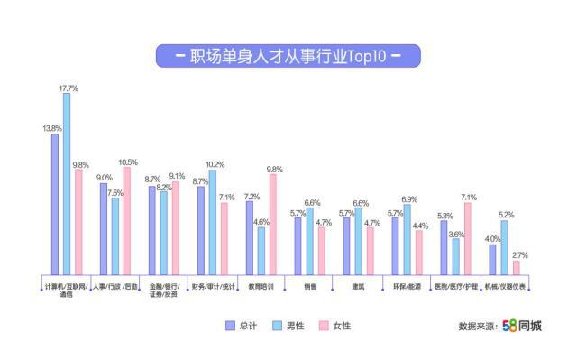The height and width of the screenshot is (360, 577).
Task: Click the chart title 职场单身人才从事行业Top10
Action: (x=288, y=56)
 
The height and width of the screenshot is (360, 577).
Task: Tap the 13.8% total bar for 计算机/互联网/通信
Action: (x=55, y=203)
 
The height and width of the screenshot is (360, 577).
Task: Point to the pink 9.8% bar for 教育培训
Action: (x=272, y=224)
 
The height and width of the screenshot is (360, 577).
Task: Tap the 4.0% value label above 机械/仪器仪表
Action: (x=492, y=238)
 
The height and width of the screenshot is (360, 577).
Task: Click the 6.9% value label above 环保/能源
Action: (x=408, y=198)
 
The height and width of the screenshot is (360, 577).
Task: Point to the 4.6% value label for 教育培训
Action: (x=261, y=221)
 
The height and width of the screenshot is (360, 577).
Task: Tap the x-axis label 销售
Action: (x=310, y=287)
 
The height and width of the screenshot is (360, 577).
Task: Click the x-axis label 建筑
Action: (x=359, y=287)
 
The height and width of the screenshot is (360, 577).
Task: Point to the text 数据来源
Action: (x=477, y=327)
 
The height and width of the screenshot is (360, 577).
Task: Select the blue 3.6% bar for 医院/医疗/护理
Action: (x=455, y=255)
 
